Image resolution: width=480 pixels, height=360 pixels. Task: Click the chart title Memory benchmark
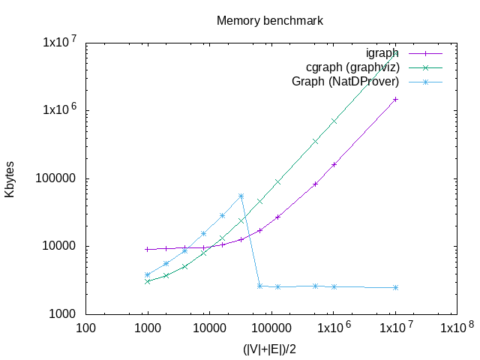(x=270, y=20)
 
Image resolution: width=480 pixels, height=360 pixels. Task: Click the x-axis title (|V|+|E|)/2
(x=271, y=349)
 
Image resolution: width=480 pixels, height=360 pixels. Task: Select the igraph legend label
(x=382, y=53)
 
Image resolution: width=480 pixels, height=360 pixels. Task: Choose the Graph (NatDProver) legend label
(x=345, y=81)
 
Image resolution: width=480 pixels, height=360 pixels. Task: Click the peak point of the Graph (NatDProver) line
(x=241, y=196)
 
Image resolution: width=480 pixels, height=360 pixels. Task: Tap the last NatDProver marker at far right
(x=395, y=287)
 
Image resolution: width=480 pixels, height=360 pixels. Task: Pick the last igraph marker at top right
(x=395, y=99)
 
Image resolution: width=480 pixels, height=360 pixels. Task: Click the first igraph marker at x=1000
(x=148, y=249)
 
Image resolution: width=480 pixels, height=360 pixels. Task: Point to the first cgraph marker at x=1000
(x=148, y=281)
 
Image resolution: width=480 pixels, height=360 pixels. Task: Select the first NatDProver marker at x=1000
(x=148, y=274)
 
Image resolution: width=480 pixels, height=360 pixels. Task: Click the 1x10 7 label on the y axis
(x=59, y=42)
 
